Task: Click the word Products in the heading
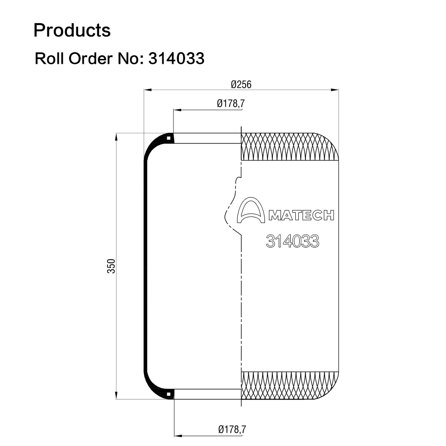[72, 30]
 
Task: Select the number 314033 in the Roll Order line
[176, 58]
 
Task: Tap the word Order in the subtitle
[91, 58]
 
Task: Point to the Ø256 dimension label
[241, 84]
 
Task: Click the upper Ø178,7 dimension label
[231, 103]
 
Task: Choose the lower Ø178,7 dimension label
[232, 429]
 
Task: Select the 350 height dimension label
[111, 266]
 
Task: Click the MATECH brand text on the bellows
[301, 215]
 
